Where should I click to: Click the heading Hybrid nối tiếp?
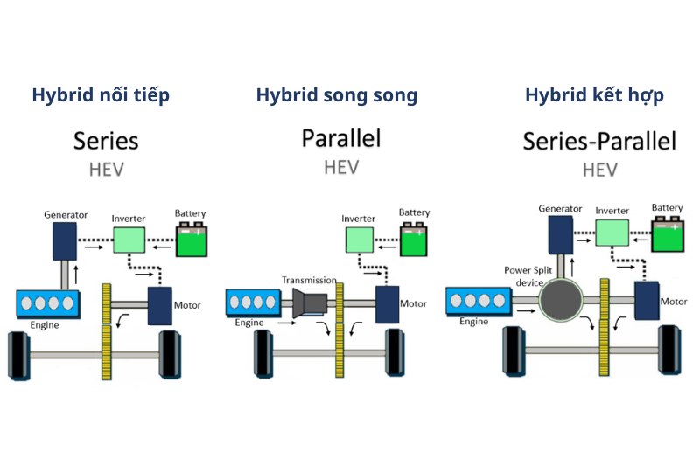tap(101, 95)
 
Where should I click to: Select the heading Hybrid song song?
tap(337, 95)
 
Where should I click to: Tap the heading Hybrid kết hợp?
tap(594, 95)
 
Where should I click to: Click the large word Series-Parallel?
tap(599, 141)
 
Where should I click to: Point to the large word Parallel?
tap(341, 138)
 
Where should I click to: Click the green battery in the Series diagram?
tap(192, 240)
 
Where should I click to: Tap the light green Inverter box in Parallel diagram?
tap(358, 239)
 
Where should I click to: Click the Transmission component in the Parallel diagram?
tap(311, 303)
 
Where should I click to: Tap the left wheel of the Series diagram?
tap(18, 355)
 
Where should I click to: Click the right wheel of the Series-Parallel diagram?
tap(672, 349)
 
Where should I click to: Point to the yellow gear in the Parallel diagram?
tap(339, 328)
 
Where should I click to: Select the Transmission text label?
tap(309, 280)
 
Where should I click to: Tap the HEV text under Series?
tap(106, 169)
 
